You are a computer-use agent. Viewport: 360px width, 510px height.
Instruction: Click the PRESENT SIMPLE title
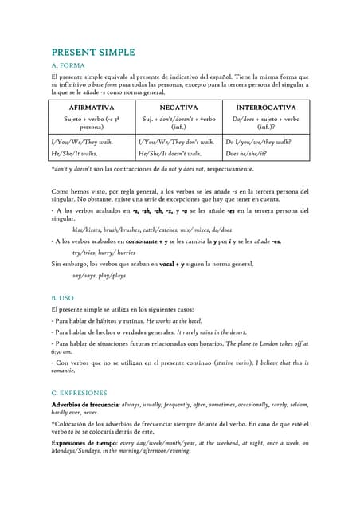(93, 52)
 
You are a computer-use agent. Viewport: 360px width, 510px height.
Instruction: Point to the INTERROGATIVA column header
(266, 107)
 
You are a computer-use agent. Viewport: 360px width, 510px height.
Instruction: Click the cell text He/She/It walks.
(75, 153)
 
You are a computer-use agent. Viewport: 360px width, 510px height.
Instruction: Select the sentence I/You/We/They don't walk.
(170, 142)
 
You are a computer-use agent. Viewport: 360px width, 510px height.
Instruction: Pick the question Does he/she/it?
(246, 153)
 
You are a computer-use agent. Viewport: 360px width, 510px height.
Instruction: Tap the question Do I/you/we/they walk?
(258, 142)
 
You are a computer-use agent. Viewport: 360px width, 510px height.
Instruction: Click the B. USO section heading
(63, 297)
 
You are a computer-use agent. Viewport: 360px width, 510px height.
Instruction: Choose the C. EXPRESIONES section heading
(84, 393)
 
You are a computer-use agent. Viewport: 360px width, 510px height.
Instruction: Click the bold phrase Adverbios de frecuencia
(85, 406)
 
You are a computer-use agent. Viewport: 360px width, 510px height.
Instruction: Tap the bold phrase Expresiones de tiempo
(84, 442)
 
